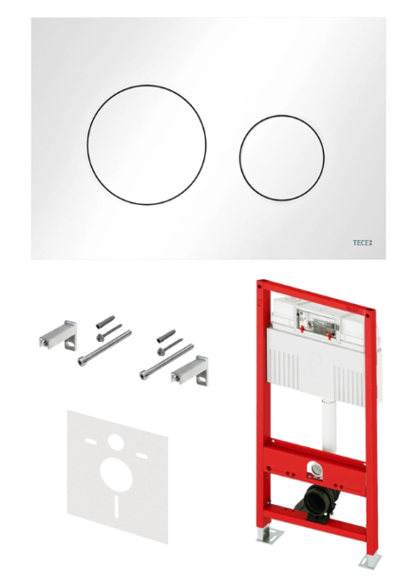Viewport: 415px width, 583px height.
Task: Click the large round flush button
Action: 147,144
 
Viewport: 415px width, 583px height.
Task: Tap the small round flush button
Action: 281,158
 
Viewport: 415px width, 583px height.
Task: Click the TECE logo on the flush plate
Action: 362,243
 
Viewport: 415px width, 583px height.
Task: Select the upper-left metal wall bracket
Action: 58,335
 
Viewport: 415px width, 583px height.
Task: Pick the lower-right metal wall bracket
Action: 190,369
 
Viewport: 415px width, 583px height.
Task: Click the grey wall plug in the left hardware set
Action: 105,322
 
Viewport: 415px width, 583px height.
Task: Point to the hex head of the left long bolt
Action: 82,361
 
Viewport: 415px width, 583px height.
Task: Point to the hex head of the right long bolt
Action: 143,375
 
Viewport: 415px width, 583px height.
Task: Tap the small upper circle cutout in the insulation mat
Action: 116,442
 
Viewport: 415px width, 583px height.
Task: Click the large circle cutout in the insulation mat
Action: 117,475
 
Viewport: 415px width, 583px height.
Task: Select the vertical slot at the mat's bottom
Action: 117,506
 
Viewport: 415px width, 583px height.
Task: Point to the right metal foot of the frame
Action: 369,560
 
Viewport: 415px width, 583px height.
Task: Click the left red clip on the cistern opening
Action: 303,329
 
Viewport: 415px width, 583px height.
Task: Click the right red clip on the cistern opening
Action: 330,335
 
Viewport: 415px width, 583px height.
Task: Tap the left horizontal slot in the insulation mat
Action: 91,442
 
